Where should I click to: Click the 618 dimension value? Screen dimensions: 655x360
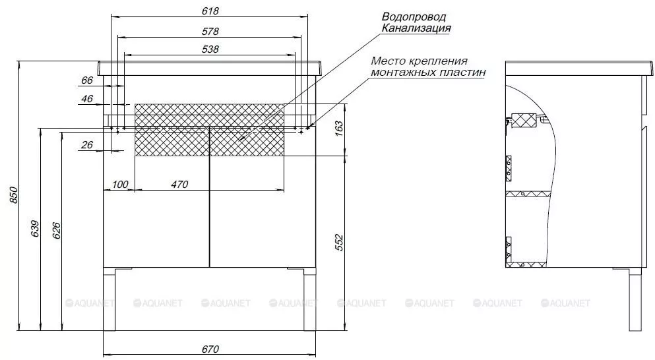(210, 11)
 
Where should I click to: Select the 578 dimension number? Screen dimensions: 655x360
(210, 32)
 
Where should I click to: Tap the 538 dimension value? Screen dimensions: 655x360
(210, 49)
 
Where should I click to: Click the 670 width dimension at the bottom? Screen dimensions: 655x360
(210, 349)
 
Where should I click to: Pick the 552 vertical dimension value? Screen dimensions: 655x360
(339, 243)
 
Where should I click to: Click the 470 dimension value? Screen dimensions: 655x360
(179, 184)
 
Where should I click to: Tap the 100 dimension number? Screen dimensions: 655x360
(120, 184)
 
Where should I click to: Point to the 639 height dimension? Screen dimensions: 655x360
(35, 228)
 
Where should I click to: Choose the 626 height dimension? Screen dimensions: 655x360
(56, 231)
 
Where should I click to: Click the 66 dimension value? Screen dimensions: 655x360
(87, 80)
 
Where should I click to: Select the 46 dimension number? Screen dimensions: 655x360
(87, 99)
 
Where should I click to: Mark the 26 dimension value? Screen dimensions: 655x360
(87, 145)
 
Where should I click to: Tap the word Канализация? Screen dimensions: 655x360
(416, 28)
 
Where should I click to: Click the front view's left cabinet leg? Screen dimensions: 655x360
(109, 299)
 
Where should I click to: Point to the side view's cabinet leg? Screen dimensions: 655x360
(635, 299)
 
